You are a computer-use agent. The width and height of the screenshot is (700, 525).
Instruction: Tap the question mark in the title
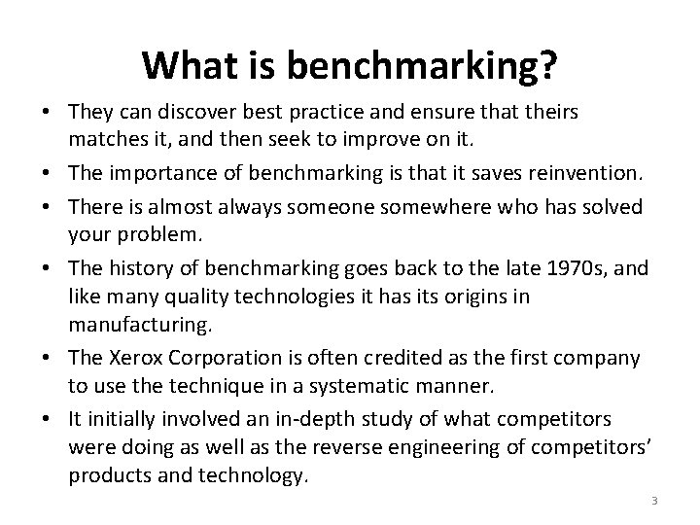tap(547, 66)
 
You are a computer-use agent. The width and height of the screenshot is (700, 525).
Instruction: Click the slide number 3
tap(654, 501)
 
